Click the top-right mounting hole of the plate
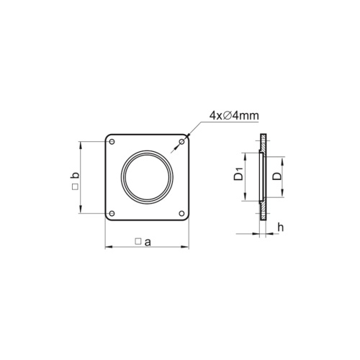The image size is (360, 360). point(181,142)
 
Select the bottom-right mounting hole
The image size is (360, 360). point(181,212)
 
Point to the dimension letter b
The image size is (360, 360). point(76,175)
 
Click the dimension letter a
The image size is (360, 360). point(147,242)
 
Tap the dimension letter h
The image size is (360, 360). point(280,228)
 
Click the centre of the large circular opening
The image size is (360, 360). point(147,177)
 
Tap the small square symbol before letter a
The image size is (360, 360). point(138,243)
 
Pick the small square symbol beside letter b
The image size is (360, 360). point(76,188)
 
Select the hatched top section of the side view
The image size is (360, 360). point(264,142)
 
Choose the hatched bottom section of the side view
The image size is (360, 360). point(264,211)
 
